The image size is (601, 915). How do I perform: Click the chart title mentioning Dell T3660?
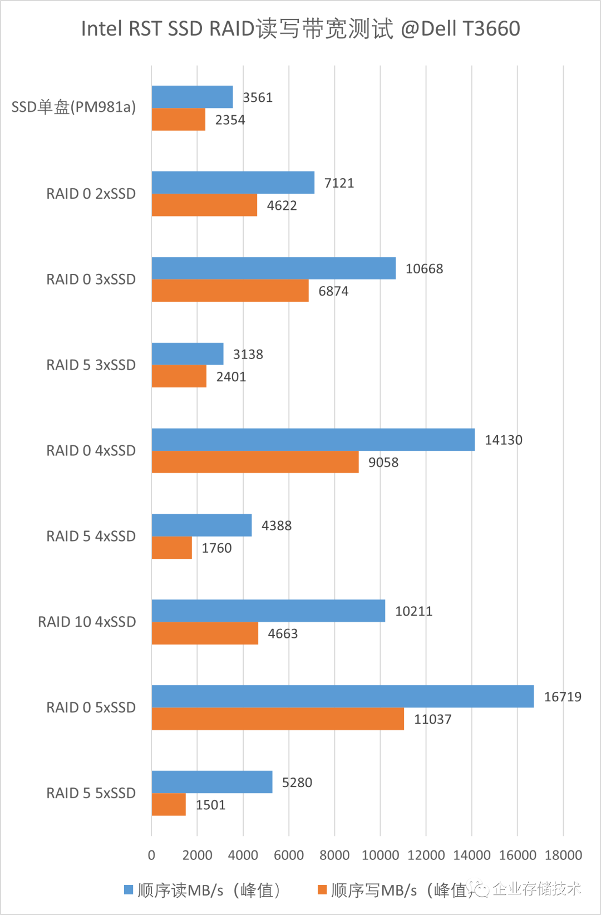point(300,28)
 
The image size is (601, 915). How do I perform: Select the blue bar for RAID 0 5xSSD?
point(342,696)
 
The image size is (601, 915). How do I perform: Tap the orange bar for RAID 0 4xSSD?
point(255,462)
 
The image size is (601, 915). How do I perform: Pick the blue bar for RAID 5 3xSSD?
point(188,354)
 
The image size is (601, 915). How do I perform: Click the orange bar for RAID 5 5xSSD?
point(169,805)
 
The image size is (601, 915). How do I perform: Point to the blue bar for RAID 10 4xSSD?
point(268,611)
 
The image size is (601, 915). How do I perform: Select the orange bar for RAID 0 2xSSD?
point(204,205)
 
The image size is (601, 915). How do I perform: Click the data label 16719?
point(562,697)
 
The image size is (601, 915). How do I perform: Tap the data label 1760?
point(216,548)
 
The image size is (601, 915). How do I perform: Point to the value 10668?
point(424,269)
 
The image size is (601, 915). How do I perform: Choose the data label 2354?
point(230,120)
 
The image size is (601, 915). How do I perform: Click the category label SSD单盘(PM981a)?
point(73,107)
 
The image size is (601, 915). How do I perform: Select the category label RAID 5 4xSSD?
point(91,536)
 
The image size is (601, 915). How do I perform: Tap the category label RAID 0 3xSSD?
point(91,279)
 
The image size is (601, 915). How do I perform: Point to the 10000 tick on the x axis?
point(380,855)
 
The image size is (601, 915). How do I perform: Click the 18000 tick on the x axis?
point(563,855)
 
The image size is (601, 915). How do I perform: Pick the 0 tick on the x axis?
point(151,855)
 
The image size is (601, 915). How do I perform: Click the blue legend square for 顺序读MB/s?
point(129,890)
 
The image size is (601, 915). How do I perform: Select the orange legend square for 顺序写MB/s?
point(322,890)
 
